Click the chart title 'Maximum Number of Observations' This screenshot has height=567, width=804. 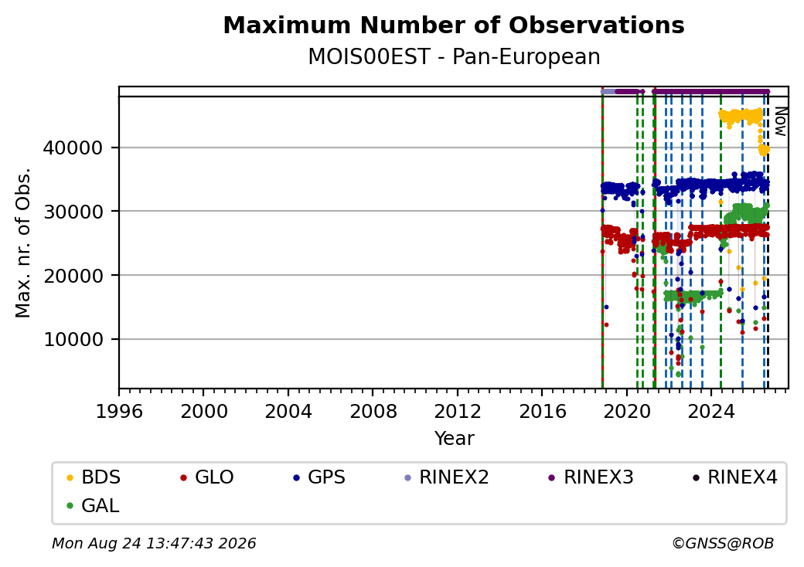click(454, 25)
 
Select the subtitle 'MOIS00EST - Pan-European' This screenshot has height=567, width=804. click(454, 56)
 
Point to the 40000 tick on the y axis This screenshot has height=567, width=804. click(73, 148)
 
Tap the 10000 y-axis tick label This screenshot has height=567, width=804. click(73, 340)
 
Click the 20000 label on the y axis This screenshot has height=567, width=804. click(73, 276)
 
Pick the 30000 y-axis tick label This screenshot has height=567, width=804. click(73, 212)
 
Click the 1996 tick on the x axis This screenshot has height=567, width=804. click(119, 411)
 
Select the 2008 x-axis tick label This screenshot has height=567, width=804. click(373, 411)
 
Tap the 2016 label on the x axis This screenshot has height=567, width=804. click(543, 411)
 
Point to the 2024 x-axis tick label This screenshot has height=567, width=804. click(712, 411)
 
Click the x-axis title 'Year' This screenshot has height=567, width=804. click(455, 439)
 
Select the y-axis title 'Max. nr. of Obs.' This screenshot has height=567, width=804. click(23, 243)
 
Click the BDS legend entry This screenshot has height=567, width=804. click(94, 477)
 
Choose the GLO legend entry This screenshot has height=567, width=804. click(207, 477)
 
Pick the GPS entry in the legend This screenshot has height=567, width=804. click(319, 477)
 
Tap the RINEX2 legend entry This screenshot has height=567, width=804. click(447, 477)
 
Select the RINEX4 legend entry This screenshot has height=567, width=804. click(734, 477)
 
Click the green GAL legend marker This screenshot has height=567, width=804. click(70, 506)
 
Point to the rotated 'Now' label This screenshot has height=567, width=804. click(780, 121)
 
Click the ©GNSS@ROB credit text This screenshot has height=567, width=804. click(723, 543)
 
